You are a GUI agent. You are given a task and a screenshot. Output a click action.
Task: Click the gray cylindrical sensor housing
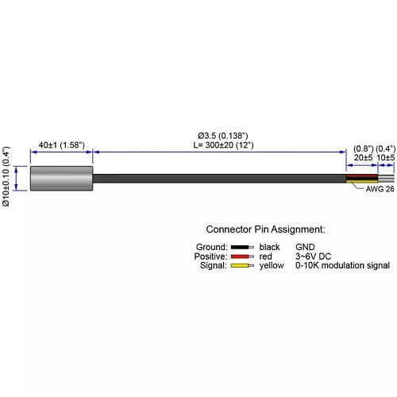coord(61,178)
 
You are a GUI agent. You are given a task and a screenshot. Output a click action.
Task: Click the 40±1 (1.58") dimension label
coord(62,145)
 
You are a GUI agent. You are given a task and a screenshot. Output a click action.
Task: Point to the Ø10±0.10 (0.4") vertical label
coord(6,176)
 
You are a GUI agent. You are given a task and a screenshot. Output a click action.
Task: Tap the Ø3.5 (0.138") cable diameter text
coord(223,136)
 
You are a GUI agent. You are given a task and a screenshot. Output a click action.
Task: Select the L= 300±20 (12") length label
coord(223,145)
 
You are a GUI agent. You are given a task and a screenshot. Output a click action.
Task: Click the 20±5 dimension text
coord(363,157)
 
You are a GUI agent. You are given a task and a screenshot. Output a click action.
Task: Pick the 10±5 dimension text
coord(386,157)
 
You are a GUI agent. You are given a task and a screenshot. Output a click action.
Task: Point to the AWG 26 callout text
coord(380,189)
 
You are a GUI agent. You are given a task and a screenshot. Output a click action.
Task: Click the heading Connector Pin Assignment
coord(265,229)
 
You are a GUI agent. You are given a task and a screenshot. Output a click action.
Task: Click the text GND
coord(305,247)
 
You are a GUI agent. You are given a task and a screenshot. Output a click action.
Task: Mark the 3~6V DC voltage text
coord(313,256)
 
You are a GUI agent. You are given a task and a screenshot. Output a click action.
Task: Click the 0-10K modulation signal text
coord(342,265)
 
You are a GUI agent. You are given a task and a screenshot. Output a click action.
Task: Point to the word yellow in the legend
coord(272,265)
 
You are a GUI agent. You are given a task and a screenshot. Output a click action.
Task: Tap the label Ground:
coord(212,247)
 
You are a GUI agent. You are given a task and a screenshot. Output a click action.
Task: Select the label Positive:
coord(210,256)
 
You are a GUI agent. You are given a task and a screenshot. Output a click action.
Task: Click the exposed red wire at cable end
coord(362,175)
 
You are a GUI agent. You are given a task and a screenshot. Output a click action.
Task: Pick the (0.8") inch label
coord(364,148)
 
